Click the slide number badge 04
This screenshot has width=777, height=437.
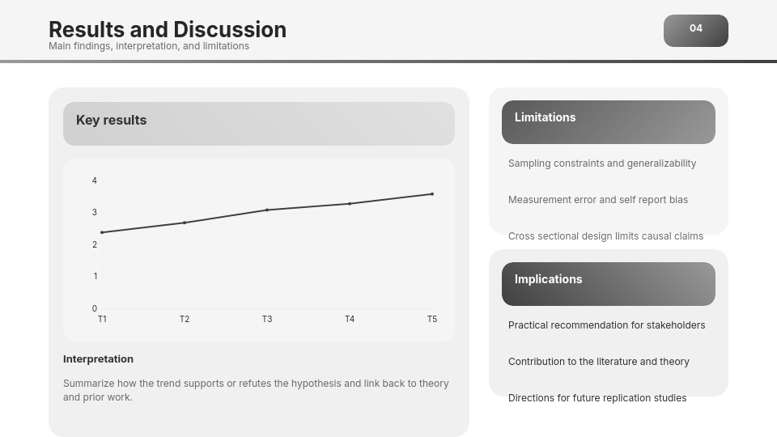[x=696, y=31]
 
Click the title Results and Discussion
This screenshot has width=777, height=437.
[x=168, y=30]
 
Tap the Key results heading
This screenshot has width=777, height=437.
[x=111, y=121]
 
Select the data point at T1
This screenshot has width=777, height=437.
[x=102, y=232]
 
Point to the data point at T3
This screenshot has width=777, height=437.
[x=267, y=210]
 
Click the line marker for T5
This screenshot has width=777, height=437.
[x=432, y=194]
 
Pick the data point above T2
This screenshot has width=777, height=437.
[x=185, y=223]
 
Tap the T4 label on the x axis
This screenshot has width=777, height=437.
[x=350, y=319]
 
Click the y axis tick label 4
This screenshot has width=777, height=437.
[x=95, y=180]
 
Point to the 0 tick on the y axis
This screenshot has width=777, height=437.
[x=95, y=308]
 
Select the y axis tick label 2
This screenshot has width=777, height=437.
[x=95, y=244]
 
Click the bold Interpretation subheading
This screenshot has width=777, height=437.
[x=98, y=359]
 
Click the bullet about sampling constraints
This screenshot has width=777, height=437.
[x=602, y=163]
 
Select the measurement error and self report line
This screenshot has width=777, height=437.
[x=598, y=200]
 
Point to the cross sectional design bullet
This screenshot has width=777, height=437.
[x=605, y=236]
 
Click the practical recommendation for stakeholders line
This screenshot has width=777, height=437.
[x=606, y=325]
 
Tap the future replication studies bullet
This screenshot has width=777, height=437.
[x=597, y=398]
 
